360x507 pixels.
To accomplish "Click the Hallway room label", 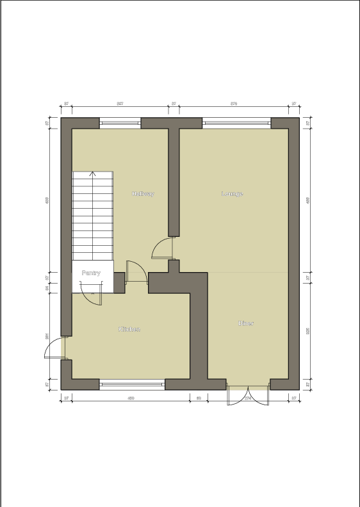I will pyautogui.click(x=143, y=193).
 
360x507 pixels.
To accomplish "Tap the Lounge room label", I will pyautogui.click(x=233, y=193).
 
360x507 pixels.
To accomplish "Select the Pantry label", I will pyautogui.click(x=92, y=273).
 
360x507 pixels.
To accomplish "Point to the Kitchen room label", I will pyautogui.click(x=129, y=329).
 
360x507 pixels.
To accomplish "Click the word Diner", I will pyautogui.click(x=246, y=323).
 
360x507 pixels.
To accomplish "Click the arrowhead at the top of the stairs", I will pyautogui.click(x=93, y=173).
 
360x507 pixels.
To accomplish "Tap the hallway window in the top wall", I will pyautogui.click(x=120, y=123).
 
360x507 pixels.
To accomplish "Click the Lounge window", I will pyautogui.click(x=236, y=123).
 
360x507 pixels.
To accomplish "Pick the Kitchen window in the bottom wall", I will pyautogui.click(x=132, y=384).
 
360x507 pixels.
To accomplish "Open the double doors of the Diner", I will pyautogui.click(x=248, y=396).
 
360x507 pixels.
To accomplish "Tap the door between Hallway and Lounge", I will pyautogui.click(x=163, y=248).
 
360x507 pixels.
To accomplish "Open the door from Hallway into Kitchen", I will pyautogui.click(x=136, y=272).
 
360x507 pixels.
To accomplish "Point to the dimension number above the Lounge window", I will pyautogui.click(x=234, y=103).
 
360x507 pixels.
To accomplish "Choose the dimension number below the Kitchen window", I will pyautogui.click(x=131, y=398).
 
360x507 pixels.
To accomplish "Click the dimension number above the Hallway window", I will pyautogui.click(x=120, y=103).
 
